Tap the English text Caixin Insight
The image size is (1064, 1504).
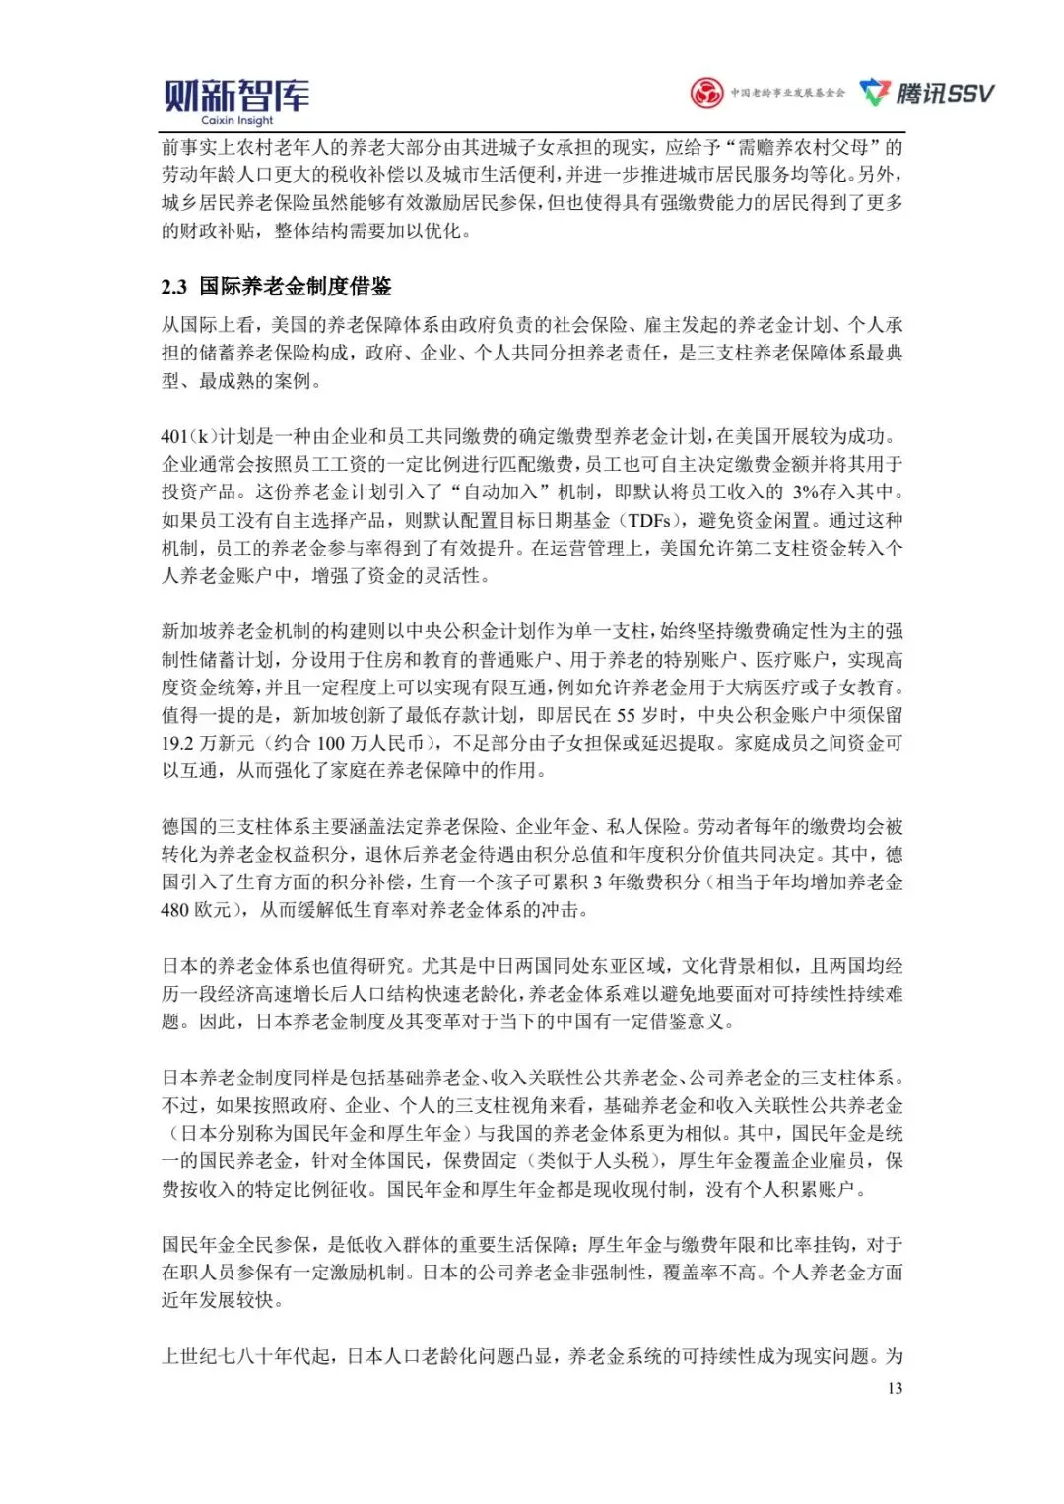pos(236,121)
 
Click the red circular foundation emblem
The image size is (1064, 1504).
pos(706,94)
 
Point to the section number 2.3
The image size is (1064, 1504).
pos(174,287)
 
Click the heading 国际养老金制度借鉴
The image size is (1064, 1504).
pos(296,287)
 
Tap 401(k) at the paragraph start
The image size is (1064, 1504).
pos(189,436)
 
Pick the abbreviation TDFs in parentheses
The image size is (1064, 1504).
pos(649,520)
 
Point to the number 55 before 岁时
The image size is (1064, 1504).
pos(626,715)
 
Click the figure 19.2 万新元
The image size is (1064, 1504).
pos(208,743)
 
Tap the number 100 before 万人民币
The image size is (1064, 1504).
pos(331,743)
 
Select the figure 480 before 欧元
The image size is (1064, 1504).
pos(174,910)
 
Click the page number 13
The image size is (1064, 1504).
pos(895,1388)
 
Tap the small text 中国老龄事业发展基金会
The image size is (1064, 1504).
pos(787,94)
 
